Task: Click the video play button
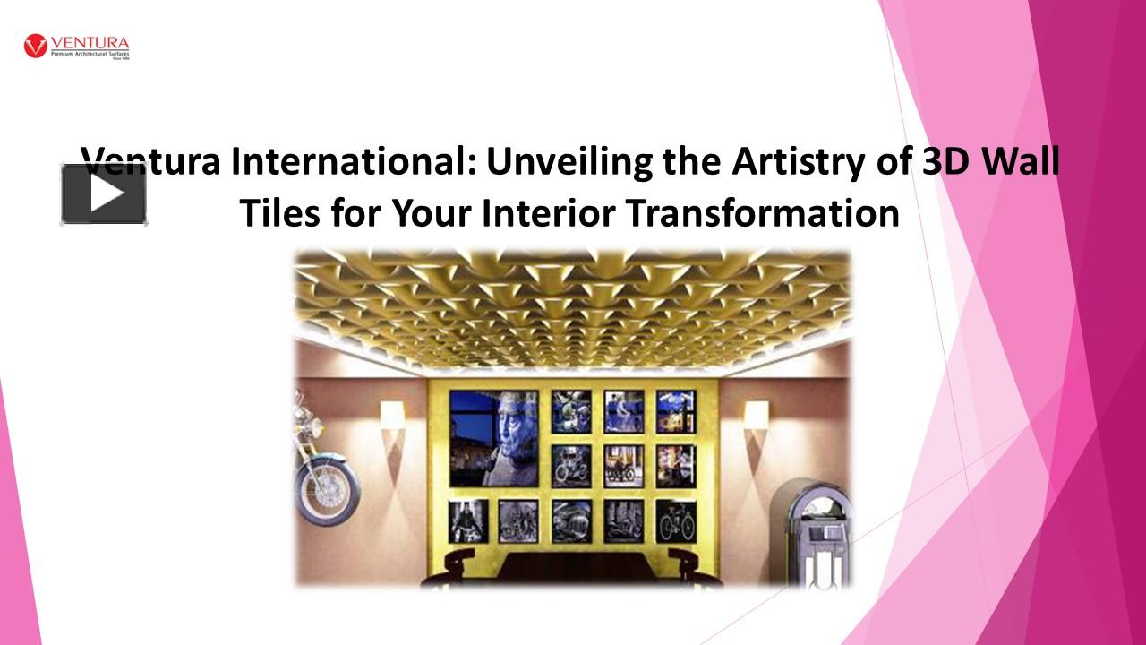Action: (x=104, y=193)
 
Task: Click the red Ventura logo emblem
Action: (x=36, y=46)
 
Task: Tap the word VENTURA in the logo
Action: (x=90, y=43)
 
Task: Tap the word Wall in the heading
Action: (x=1022, y=162)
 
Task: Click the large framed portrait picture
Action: (x=493, y=438)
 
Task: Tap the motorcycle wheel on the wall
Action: (x=328, y=488)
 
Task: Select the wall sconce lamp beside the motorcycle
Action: (x=392, y=416)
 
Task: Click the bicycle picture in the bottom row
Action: (x=676, y=520)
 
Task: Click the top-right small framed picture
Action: (x=676, y=411)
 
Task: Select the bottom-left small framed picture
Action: (x=467, y=520)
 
